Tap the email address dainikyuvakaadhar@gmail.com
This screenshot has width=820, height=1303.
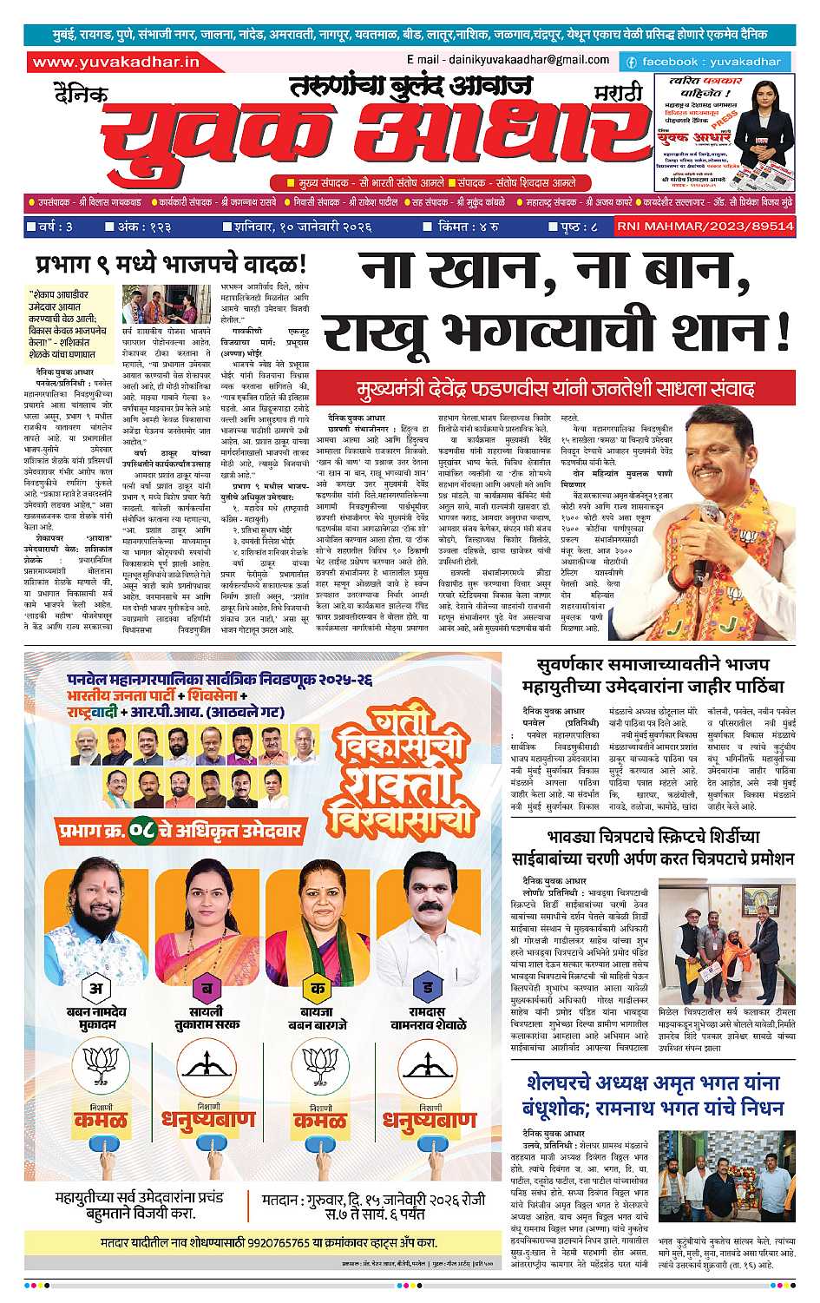coord(507,60)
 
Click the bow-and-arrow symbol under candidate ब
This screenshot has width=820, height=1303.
coord(207,1069)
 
